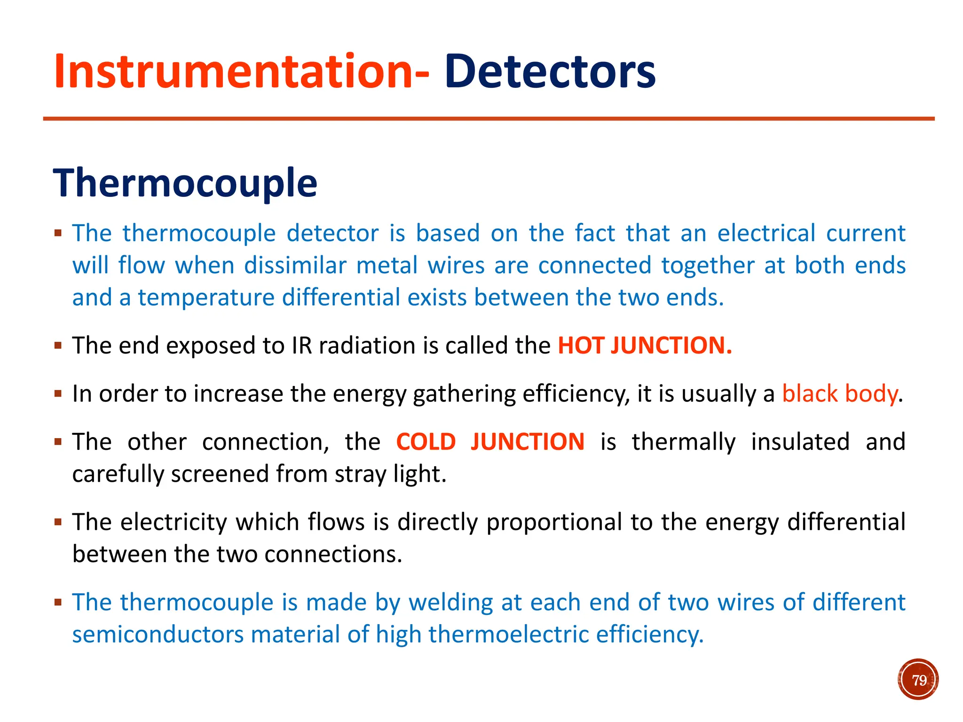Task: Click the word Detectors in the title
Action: coord(550,71)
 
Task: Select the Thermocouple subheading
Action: coord(185,183)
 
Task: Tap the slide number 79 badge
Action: coord(918,680)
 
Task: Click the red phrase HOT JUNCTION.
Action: coord(645,345)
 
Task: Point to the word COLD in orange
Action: coord(426,442)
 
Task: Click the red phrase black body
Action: coord(840,394)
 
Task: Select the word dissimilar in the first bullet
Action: coord(295,266)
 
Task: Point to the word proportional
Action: coord(554,523)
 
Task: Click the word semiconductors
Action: coord(158,635)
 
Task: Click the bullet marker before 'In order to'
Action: coord(58,393)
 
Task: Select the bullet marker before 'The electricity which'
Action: coord(58,522)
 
